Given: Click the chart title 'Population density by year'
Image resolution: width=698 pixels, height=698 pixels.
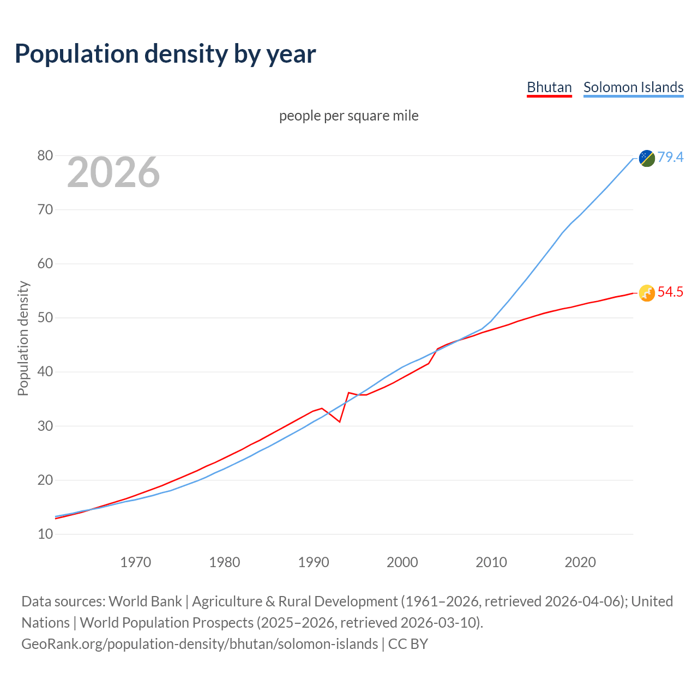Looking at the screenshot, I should (x=165, y=54).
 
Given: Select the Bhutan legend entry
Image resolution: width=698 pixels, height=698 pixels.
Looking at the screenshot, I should (x=549, y=87).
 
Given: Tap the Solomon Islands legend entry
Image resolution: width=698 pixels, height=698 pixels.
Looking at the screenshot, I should (x=633, y=87).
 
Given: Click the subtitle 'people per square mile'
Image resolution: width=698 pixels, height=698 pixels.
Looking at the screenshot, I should (x=348, y=116).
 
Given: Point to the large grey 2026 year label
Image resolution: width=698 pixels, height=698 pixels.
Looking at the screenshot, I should (x=113, y=172).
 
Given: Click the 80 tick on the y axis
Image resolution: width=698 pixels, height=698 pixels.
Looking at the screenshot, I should (x=45, y=156).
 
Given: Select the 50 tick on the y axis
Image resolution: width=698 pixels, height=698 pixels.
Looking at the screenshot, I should (x=45, y=318).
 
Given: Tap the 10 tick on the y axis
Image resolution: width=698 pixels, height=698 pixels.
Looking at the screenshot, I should (x=45, y=534).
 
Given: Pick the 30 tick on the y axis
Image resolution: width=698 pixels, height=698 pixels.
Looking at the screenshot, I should (x=45, y=426).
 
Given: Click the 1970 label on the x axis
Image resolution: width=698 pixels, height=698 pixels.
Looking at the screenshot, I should (x=135, y=562).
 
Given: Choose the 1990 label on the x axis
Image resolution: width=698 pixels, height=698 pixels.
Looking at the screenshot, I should (x=314, y=562).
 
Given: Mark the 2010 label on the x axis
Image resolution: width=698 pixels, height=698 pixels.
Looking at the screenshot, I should (x=491, y=562).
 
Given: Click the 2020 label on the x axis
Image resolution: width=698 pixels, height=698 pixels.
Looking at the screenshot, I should (x=580, y=562).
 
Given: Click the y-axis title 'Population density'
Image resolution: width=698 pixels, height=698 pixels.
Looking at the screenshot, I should (x=23, y=338).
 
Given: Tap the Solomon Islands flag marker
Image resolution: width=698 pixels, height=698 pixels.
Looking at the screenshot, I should (x=647, y=158).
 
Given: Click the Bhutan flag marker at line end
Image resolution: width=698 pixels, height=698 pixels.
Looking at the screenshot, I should (x=647, y=293).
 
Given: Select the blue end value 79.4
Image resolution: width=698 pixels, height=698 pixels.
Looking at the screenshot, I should (x=670, y=157).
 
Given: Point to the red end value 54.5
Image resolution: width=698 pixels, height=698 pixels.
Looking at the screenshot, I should (x=670, y=292).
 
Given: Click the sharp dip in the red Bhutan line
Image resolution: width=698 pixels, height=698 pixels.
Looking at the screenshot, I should (x=339, y=422).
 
